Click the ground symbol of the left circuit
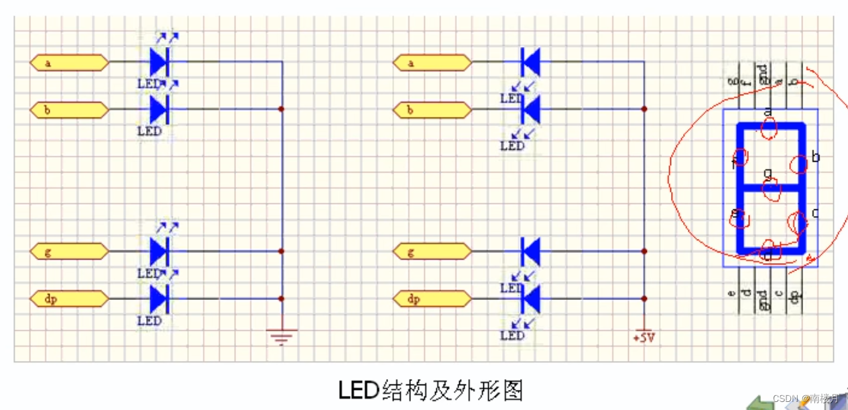(282, 336)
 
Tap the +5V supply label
(644, 338)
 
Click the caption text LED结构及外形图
(430, 390)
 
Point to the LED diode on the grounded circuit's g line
(159, 252)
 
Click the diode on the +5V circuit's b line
(530, 109)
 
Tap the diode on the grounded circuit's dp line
(159, 299)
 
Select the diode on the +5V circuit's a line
(530, 62)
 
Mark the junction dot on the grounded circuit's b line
(282, 109)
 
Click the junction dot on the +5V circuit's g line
(644, 251)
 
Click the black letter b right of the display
(815, 158)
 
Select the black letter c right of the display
(815, 213)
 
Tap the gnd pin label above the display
(762, 74)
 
